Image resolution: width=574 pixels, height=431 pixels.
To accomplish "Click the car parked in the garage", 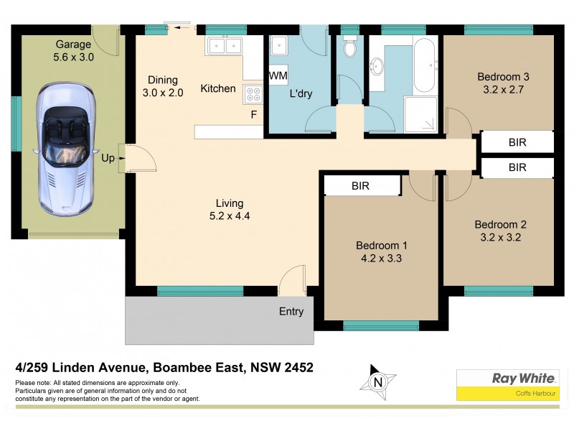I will coord(65,147).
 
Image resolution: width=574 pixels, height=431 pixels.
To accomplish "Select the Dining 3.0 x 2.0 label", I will coord(162,86).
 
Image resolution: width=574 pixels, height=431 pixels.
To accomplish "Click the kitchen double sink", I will coord(225,47).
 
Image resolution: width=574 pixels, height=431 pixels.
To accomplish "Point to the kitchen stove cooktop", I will coord(253,93).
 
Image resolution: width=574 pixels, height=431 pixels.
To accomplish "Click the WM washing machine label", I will coord(278,75).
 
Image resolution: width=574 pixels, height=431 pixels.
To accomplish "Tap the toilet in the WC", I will coord(349,47).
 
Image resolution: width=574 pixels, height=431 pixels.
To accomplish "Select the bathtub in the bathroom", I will coord(423,66).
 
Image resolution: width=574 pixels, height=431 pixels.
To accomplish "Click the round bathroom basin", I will coord(377,68).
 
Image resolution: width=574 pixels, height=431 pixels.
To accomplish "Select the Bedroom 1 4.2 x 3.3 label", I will coord(381,252).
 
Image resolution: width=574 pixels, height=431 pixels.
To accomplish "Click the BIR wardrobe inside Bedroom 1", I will coord(361,185).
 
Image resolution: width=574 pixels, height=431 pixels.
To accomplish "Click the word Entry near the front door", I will coord(291,312).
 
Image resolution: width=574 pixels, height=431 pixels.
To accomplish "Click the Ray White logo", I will coord(507,384).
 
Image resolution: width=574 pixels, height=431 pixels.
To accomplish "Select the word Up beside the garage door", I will coord(108,157).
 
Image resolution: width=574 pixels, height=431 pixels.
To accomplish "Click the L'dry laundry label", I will coord(300,94).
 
